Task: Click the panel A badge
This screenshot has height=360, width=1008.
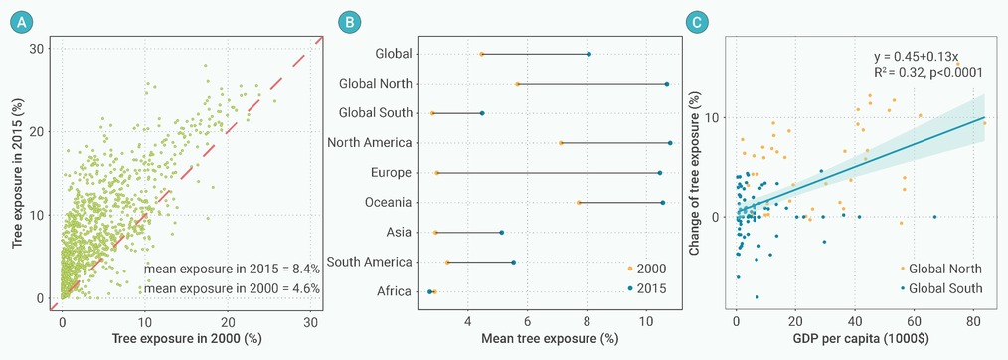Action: click(x=22, y=23)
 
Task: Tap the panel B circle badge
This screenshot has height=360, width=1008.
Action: click(x=349, y=23)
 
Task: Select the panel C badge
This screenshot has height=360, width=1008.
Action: click(x=696, y=23)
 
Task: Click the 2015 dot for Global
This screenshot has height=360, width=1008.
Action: click(x=588, y=54)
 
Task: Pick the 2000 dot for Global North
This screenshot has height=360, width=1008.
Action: click(x=517, y=84)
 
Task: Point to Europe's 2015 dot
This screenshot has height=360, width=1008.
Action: click(x=659, y=173)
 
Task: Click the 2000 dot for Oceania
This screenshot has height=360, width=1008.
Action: click(x=579, y=203)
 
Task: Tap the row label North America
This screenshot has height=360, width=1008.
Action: click(x=369, y=143)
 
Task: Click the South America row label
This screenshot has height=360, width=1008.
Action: click(x=369, y=263)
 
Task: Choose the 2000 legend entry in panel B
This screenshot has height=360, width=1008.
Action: click(x=648, y=269)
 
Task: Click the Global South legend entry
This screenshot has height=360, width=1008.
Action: click(x=941, y=288)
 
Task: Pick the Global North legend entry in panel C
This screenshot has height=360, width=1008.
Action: click(x=941, y=269)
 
